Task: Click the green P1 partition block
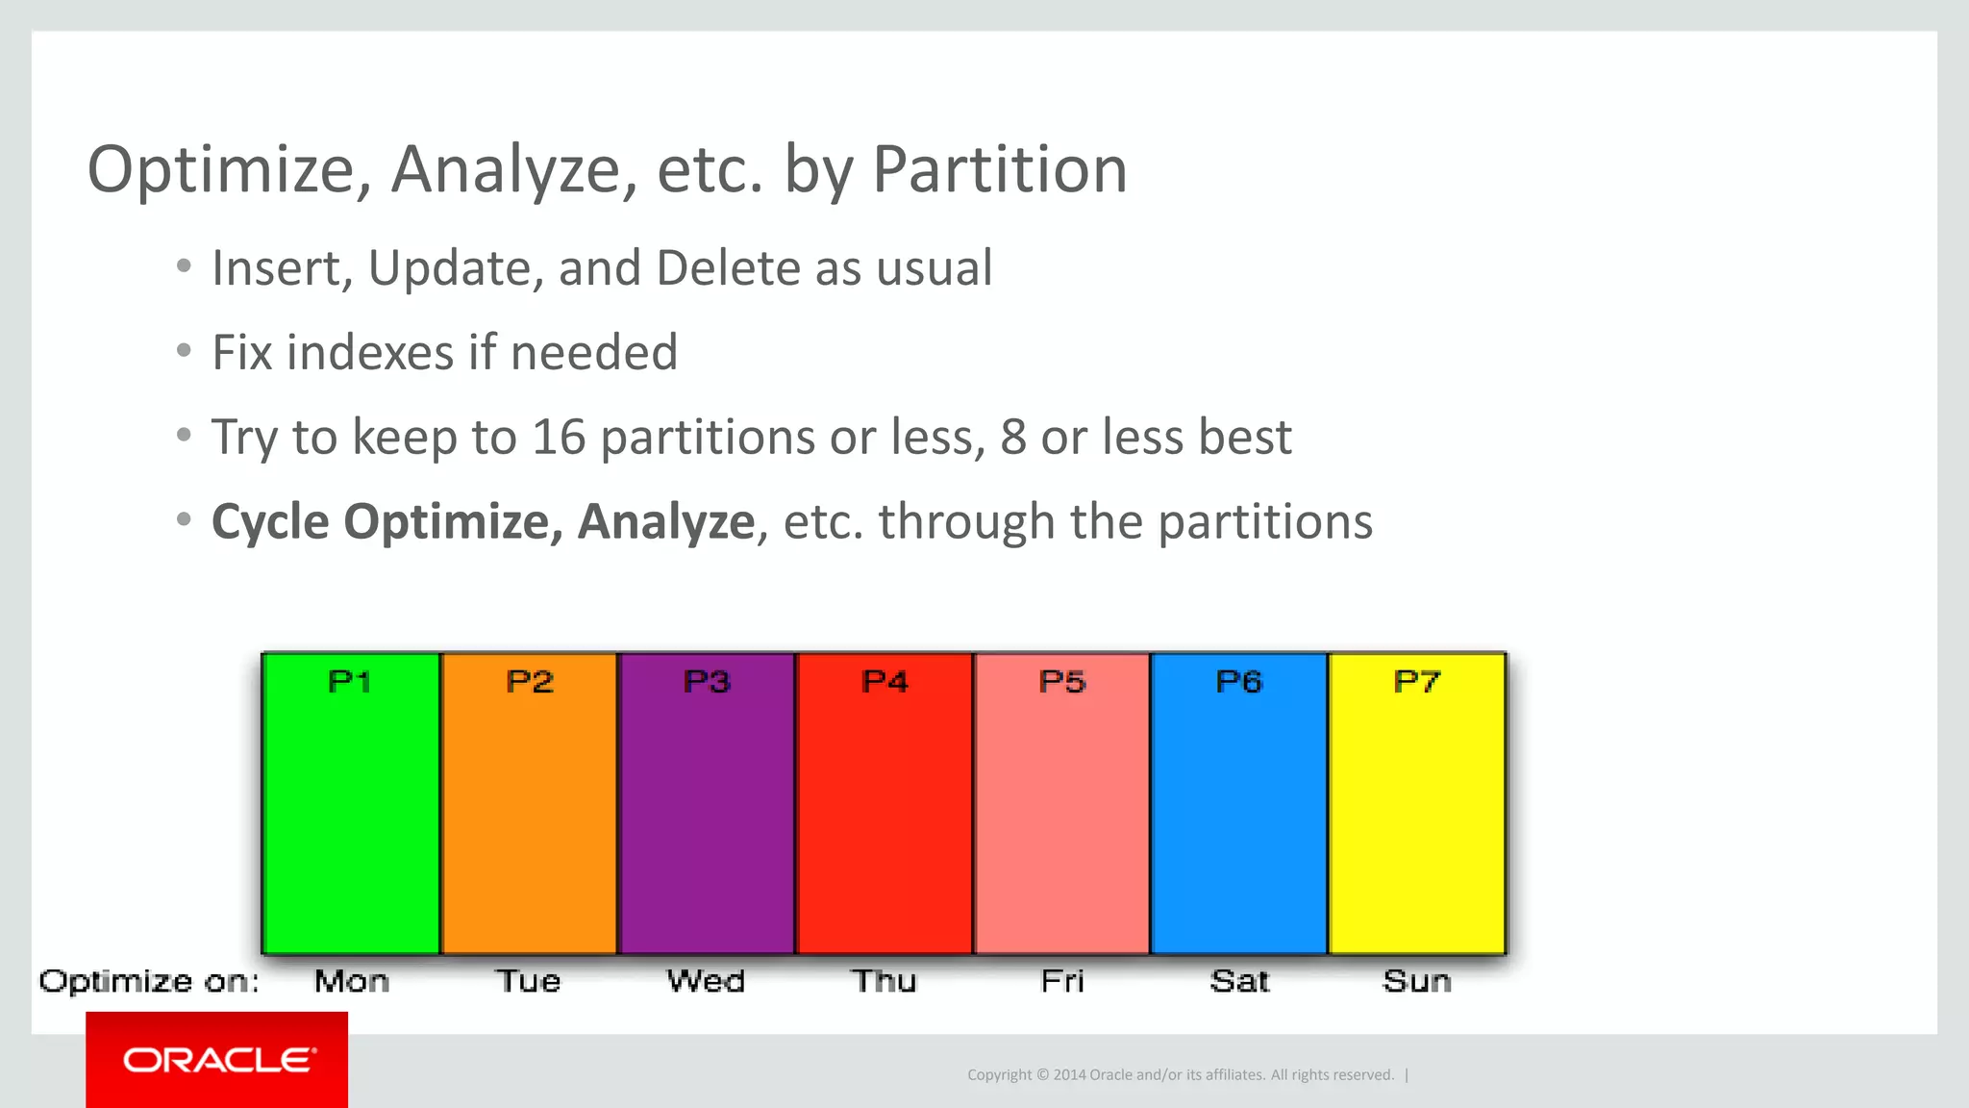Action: [x=351, y=803]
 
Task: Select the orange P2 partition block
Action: [x=529, y=803]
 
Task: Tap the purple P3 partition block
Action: [x=707, y=803]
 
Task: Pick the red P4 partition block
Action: [x=885, y=803]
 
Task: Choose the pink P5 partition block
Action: [x=1062, y=803]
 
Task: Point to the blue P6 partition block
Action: [x=1239, y=803]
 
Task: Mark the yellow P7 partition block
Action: [x=1417, y=803]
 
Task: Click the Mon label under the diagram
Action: [x=352, y=981]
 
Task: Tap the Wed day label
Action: [x=706, y=981]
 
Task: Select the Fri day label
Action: [x=1062, y=981]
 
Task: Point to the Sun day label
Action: [x=1417, y=981]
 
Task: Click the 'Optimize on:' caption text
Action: [x=149, y=982]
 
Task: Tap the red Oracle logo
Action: [x=217, y=1060]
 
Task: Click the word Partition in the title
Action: [x=999, y=169]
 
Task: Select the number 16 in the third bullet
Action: [x=559, y=438]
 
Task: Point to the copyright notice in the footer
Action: [x=1180, y=1074]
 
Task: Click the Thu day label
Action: [x=884, y=981]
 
